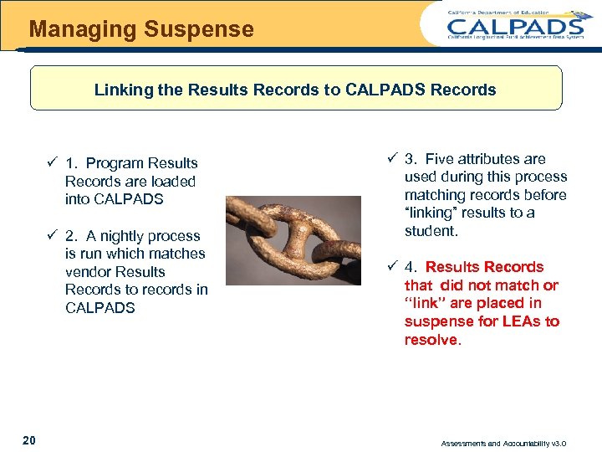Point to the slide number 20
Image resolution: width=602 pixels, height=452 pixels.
pyautogui.click(x=29, y=440)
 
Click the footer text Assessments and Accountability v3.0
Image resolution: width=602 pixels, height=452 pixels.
pyautogui.click(x=516, y=443)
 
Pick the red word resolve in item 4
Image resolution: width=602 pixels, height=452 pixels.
pyautogui.click(x=431, y=340)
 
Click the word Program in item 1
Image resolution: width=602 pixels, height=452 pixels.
pyautogui.click(x=119, y=163)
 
